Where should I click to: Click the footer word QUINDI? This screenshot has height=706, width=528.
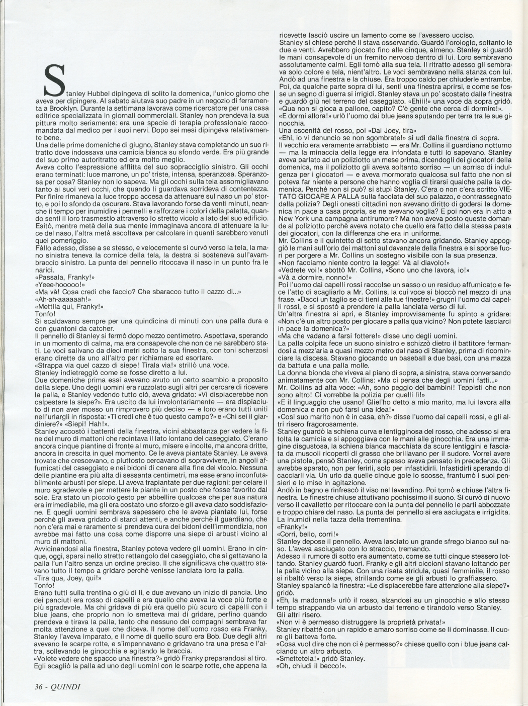tap(65, 685)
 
